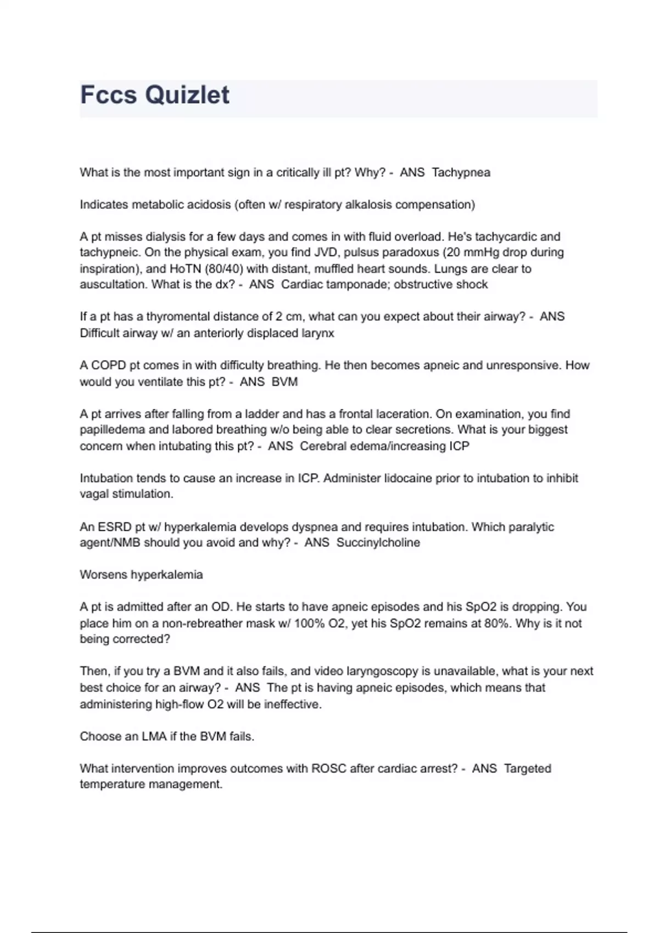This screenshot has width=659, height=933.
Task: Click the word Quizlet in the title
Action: [x=187, y=95]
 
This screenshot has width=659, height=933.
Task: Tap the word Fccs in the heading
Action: [x=108, y=95]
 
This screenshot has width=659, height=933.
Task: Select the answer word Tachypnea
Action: [x=461, y=172]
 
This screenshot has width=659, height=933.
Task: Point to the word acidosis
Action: [x=208, y=205]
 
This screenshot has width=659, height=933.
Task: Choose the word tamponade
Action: [x=358, y=284]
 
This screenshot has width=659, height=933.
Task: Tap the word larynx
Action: [x=317, y=333]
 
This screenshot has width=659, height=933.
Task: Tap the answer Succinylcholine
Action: [x=378, y=543]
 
